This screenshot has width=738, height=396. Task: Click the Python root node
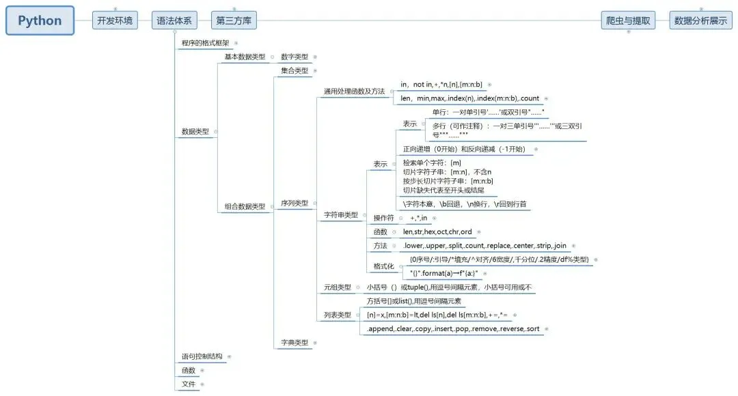[x=40, y=20]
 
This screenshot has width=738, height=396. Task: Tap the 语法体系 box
[x=174, y=20]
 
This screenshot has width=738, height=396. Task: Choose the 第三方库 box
[x=234, y=20]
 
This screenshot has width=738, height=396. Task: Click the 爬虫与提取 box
[x=628, y=20]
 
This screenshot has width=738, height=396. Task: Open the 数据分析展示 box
[x=700, y=20]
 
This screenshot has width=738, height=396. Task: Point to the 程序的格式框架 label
[x=206, y=43]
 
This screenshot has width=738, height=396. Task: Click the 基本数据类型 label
[x=245, y=57]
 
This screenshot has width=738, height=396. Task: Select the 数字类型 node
[x=295, y=57]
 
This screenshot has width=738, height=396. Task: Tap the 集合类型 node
[x=295, y=70]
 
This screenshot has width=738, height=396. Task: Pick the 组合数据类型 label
[x=245, y=206]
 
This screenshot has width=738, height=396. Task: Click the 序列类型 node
[x=295, y=203]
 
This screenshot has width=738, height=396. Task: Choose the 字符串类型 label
[x=341, y=215]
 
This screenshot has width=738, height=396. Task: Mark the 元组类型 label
[x=337, y=287]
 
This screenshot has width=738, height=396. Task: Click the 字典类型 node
[x=295, y=342]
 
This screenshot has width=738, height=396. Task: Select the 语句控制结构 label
[x=202, y=356]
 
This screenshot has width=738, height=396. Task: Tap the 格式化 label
[x=383, y=266]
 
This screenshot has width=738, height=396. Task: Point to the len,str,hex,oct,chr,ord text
[x=437, y=232]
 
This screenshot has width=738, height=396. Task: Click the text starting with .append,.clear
[x=453, y=328]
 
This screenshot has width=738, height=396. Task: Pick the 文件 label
[x=189, y=384]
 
